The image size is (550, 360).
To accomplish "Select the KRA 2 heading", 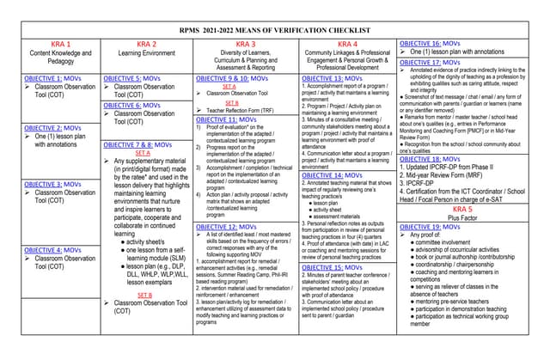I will (x=147, y=44).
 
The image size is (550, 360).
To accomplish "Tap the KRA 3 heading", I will (x=245, y=44).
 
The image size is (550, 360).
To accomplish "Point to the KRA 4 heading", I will (x=347, y=44).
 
